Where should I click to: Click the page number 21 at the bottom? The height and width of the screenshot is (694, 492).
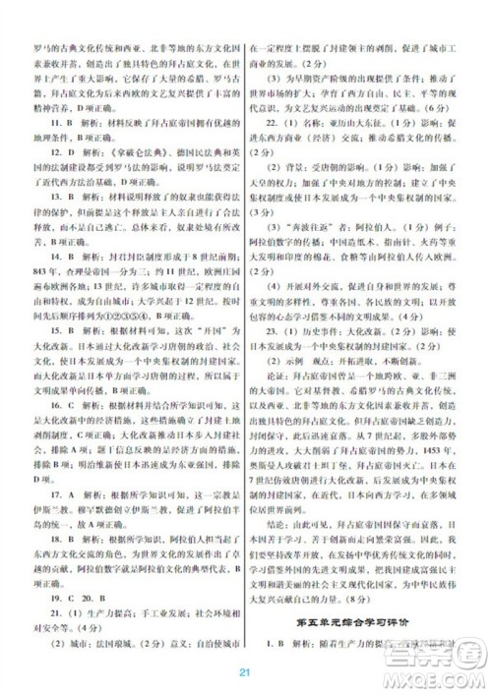pos(246,671)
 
